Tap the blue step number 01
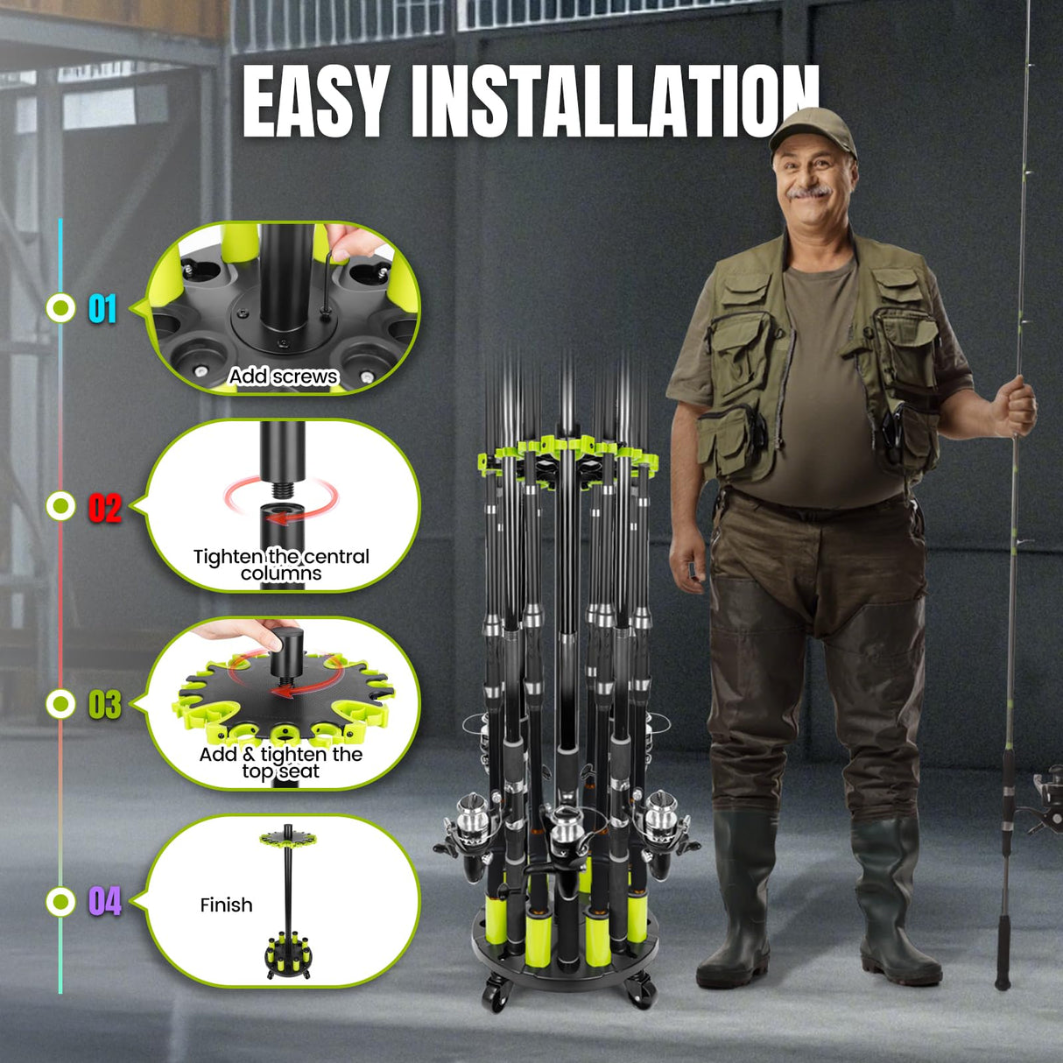point(102,308)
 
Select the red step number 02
point(104,507)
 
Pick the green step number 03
point(104,705)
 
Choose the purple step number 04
point(104,901)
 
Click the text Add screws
point(283,377)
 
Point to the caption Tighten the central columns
point(281,565)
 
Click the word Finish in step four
point(226,905)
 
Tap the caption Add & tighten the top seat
point(280,763)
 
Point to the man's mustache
point(810,190)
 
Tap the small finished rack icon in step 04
point(287,902)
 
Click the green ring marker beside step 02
point(61,505)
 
